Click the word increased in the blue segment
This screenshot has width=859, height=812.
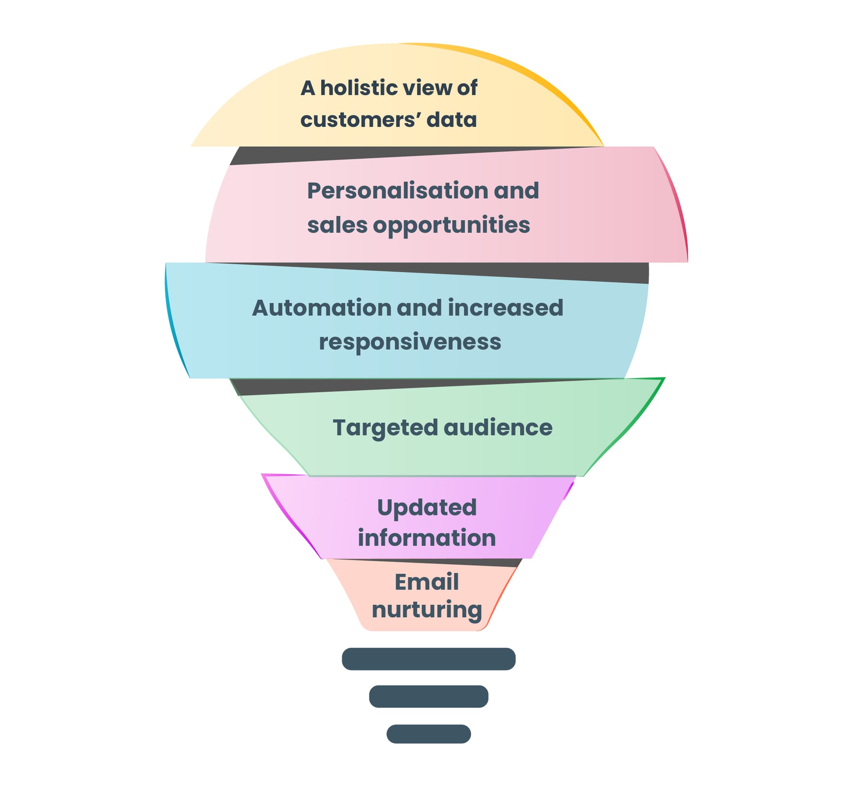(x=505, y=308)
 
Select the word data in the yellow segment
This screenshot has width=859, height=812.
(x=451, y=120)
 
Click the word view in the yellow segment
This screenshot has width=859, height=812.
(x=423, y=88)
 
